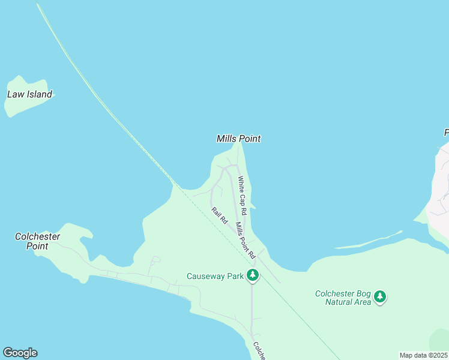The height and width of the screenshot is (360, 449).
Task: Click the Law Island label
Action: [x=29, y=94]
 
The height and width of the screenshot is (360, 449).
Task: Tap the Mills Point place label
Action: [x=238, y=139]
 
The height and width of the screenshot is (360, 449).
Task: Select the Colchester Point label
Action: [x=38, y=241]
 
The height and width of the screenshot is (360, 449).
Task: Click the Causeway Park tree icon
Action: [x=253, y=275]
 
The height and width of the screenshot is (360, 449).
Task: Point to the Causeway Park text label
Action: [x=215, y=276]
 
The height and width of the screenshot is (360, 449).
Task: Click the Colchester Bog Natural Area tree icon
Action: [x=379, y=296]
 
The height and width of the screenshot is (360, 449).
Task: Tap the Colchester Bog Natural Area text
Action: [x=344, y=298]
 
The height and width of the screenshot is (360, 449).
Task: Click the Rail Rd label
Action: [x=220, y=215]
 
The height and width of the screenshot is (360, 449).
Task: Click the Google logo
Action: [x=20, y=353]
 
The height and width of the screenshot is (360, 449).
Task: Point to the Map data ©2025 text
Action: [x=423, y=355]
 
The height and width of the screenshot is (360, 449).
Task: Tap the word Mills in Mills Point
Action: [x=227, y=139]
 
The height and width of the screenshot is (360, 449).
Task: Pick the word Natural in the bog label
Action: [x=338, y=302]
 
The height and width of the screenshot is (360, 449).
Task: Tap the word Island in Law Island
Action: [x=38, y=94]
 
